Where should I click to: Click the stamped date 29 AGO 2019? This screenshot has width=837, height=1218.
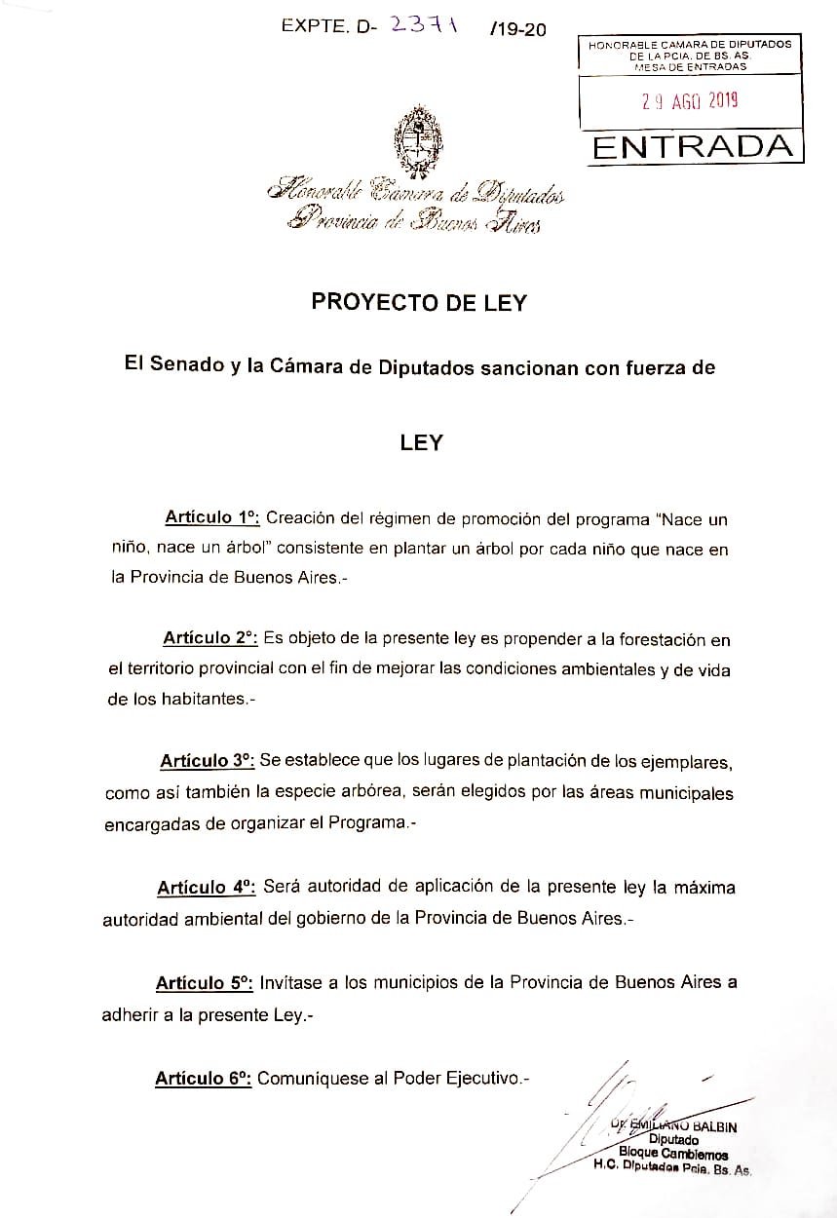coord(690,98)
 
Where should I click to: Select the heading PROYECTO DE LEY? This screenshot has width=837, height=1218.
coord(419,302)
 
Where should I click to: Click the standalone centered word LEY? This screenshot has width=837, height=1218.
coord(421,442)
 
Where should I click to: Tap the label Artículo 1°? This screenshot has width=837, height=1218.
coord(210,517)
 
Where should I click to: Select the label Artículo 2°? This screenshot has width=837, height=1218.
coord(209,638)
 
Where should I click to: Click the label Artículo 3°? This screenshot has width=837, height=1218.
coord(207,760)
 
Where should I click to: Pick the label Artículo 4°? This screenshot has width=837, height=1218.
coord(206,887)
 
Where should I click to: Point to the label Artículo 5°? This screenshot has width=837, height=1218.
coord(205,982)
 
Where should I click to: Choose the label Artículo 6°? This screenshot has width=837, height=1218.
coord(204,1078)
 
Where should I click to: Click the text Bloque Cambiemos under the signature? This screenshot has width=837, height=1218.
coord(673,1155)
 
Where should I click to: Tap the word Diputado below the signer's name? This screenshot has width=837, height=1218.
coord(673,1140)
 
